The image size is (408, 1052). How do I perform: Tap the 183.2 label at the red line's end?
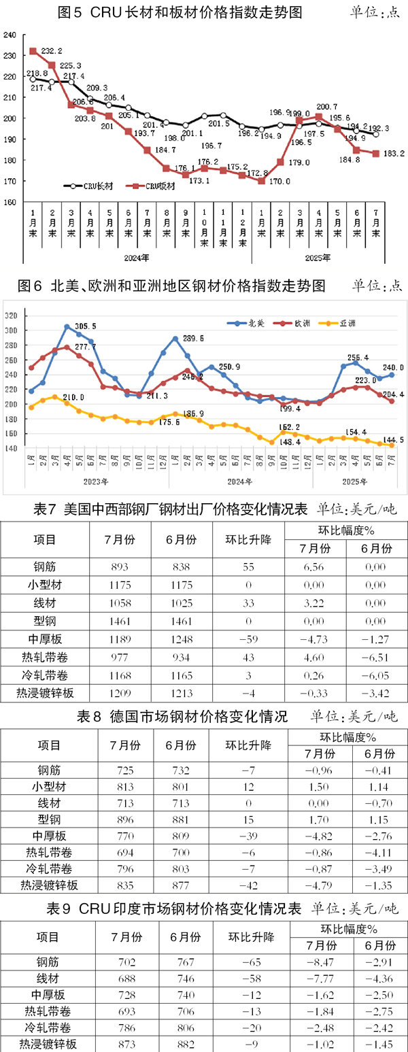point(393,154)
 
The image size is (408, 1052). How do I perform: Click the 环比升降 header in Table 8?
point(248,745)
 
